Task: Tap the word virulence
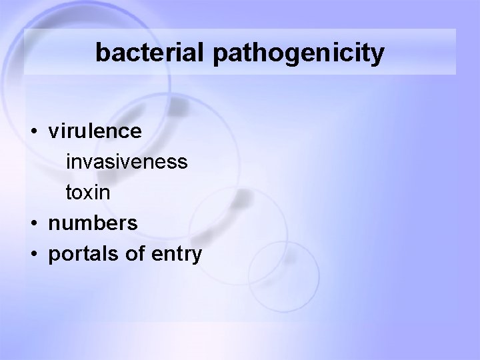(x=95, y=131)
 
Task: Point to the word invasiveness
(x=126, y=162)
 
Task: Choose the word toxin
(x=87, y=193)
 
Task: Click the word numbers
(x=93, y=223)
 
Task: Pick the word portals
(x=80, y=254)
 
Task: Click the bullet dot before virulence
(x=32, y=132)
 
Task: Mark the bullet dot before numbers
(x=32, y=223)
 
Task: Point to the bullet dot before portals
(x=32, y=254)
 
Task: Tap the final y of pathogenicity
(x=377, y=56)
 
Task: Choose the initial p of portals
(x=54, y=256)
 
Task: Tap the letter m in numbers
(x=83, y=224)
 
